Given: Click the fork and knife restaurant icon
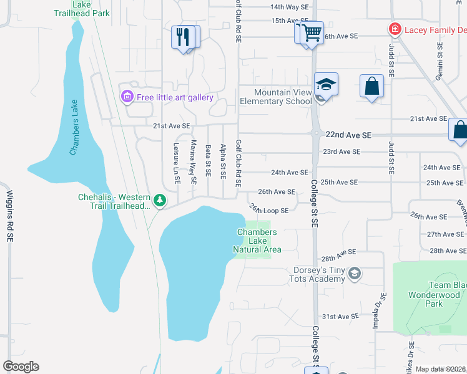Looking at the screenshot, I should point(183,37).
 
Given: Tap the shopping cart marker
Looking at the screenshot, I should point(312,32).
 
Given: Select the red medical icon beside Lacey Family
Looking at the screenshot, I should point(394,29).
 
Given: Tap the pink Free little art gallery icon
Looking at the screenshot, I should point(127,97).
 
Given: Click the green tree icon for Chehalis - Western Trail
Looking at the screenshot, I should point(161,200).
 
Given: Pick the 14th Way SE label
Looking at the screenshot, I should point(289,7).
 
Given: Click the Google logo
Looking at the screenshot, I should point(21,367).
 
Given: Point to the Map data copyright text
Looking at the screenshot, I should point(440,369).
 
